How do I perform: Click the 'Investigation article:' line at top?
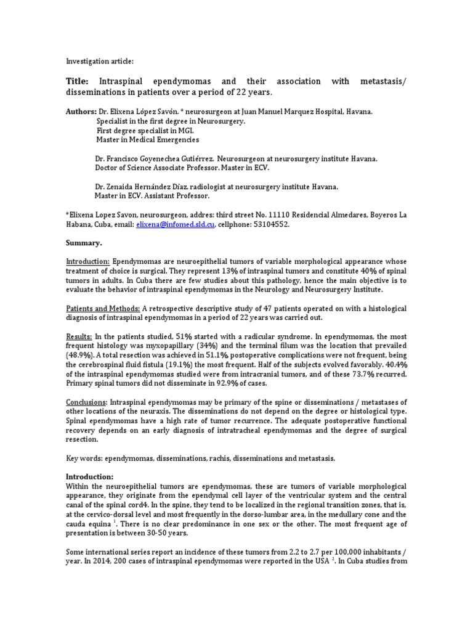coord(99,62)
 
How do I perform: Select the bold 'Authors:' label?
coord(81,112)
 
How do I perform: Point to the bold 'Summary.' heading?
coord(84,243)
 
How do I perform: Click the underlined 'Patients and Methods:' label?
coord(103,308)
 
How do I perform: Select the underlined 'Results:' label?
coord(79,336)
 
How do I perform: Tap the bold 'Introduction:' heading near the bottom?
coord(90,477)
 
